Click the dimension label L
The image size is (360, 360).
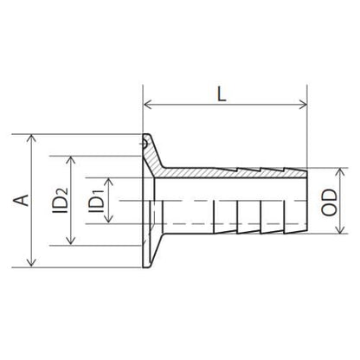point(222,93)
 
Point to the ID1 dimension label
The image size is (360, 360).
point(96,201)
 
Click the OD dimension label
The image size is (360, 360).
point(329,202)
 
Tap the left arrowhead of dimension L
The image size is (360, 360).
point(148,105)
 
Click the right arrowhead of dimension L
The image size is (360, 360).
point(303,105)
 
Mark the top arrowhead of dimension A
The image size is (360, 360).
point(31,138)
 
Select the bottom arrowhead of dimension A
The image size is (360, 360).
point(31,262)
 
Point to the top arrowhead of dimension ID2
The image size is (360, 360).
point(71,160)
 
